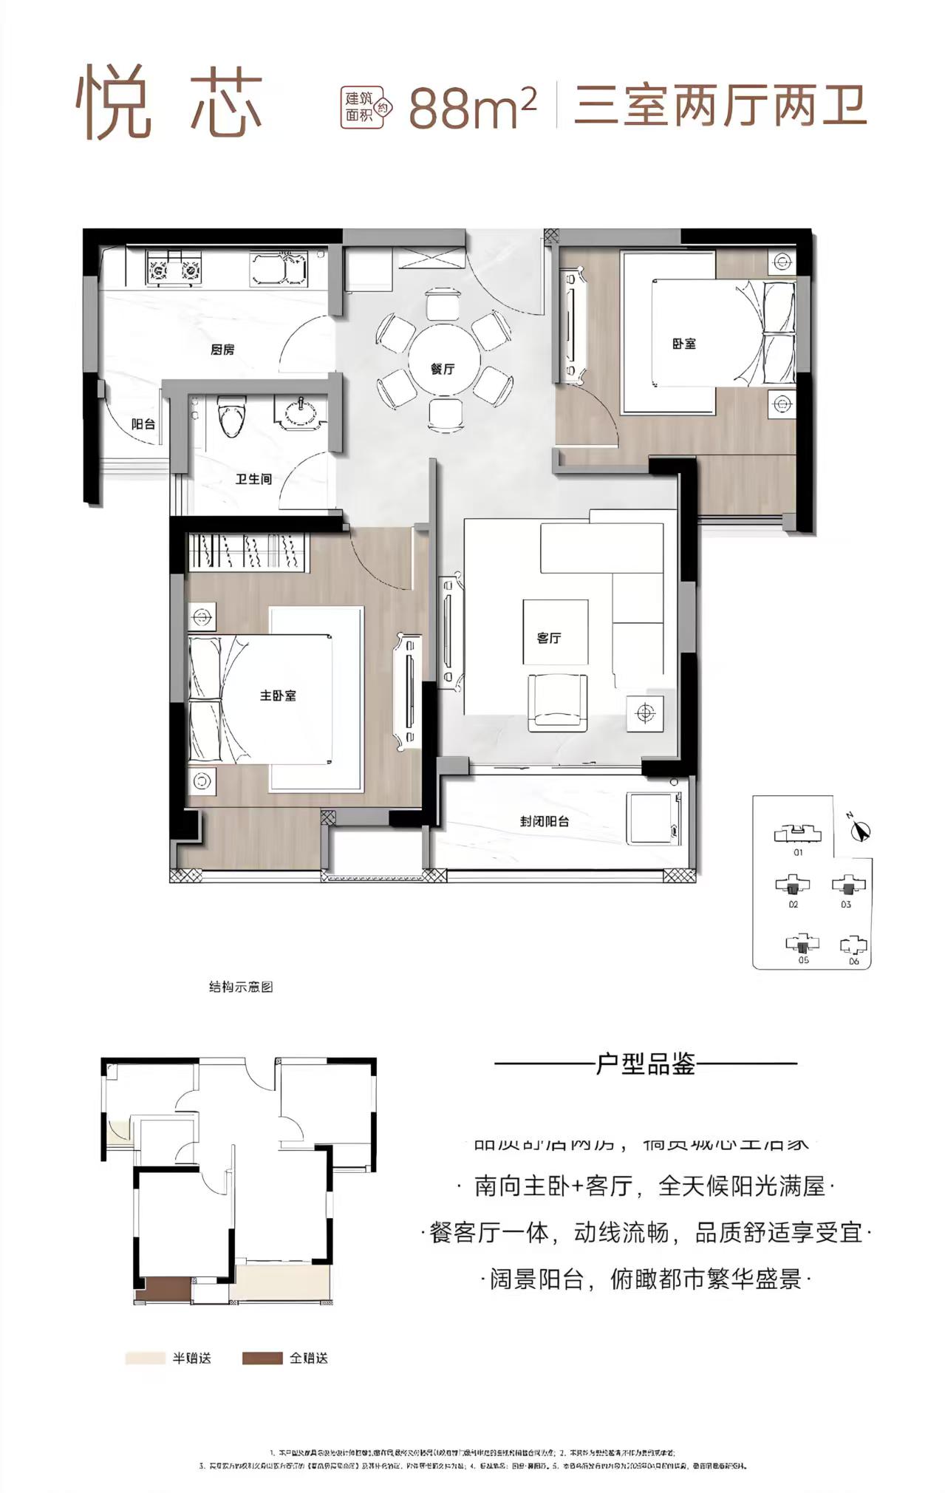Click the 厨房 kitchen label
(222, 350)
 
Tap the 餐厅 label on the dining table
(443, 369)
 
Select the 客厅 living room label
(549, 638)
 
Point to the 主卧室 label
(278, 696)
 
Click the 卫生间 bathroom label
(253, 479)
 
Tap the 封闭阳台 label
(545, 820)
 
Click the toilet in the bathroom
(231, 416)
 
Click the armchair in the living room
(556, 701)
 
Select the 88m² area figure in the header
(471, 108)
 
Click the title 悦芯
(169, 103)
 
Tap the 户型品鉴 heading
(646, 1064)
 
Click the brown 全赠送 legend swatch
(262, 1358)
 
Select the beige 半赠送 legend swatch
(145, 1358)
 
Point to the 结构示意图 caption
(241, 987)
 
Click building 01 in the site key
(797, 834)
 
